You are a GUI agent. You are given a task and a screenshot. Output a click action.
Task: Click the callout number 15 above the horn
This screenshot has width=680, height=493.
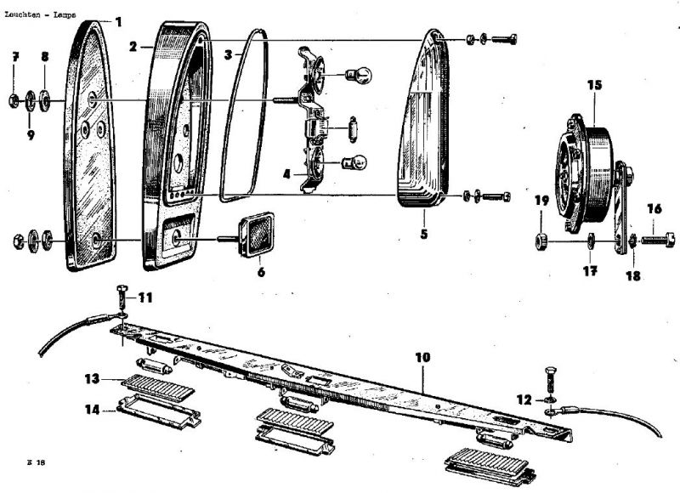pyautogui.click(x=594, y=84)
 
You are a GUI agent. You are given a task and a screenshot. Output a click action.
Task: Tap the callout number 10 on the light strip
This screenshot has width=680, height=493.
pyautogui.click(x=422, y=357)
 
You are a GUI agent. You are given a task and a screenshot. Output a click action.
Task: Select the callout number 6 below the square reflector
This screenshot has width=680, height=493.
pyautogui.click(x=261, y=272)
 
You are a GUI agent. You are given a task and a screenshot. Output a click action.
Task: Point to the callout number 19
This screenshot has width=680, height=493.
pyautogui.click(x=541, y=201)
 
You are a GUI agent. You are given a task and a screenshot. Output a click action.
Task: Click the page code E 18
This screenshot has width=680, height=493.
pyautogui.click(x=36, y=462)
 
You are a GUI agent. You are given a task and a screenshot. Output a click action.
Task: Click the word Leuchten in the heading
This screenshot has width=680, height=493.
pyautogui.click(x=23, y=14)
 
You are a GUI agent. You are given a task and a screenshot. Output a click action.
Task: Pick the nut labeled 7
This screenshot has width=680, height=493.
pyautogui.click(x=14, y=100)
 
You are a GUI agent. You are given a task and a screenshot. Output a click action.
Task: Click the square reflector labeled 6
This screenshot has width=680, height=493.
pyautogui.click(x=257, y=235)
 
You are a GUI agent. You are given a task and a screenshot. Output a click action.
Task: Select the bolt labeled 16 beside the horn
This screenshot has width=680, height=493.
pyautogui.click(x=658, y=240)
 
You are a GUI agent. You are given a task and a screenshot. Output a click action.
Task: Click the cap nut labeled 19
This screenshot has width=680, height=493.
pyautogui.click(x=541, y=241)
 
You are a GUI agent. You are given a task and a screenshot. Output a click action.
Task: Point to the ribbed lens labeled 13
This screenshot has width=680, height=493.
pyautogui.click(x=157, y=387)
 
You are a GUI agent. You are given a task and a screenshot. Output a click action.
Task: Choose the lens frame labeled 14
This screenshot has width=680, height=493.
pyautogui.click(x=159, y=411)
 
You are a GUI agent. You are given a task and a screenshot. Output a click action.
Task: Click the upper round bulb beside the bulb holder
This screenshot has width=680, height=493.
pyautogui.click(x=359, y=76)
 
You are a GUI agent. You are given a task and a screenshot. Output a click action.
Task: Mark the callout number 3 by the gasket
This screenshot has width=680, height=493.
pyautogui.click(x=228, y=55)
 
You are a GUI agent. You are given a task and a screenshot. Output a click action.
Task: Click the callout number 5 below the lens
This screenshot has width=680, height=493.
pyautogui.click(x=423, y=234)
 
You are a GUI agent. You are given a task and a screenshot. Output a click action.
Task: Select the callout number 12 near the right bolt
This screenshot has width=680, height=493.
pyautogui.click(x=524, y=399)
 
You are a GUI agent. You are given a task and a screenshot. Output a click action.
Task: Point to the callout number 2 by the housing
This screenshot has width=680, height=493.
pyautogui.click(x=133, y=47)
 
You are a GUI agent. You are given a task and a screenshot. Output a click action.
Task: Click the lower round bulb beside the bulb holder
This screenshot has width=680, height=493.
pyautogui.click(x=355, y=163)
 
